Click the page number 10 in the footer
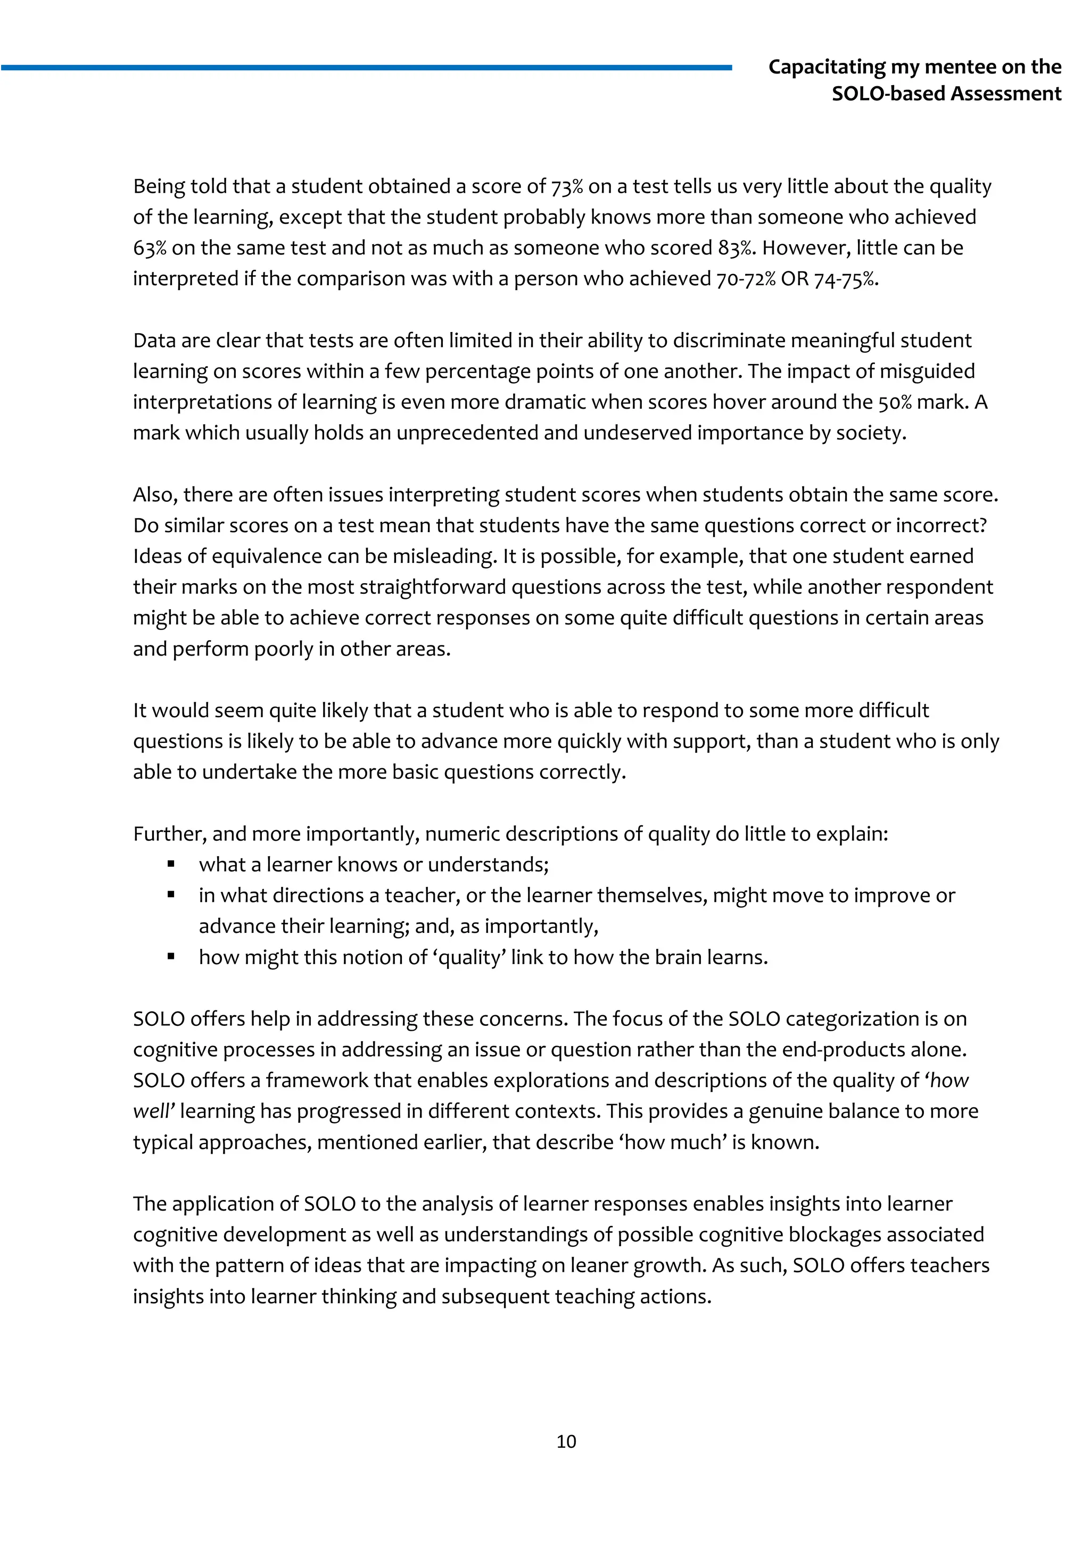click(x=566, y=1441)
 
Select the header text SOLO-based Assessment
click(x=946, y=93)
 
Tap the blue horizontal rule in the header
click(x=366, y=67)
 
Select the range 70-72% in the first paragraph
click(x=746, y=279)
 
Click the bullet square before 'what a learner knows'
click(x=171, y=865)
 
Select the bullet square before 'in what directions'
click(x=171, y=894)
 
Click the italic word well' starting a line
click(x=154, y=1112)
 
